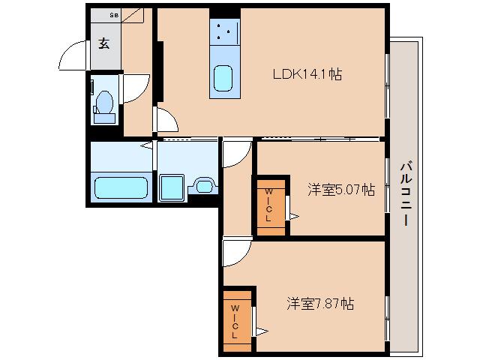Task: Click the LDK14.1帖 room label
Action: pos(307,75)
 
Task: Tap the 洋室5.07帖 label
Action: pos(340,190)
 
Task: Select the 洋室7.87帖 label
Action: pos(319,304)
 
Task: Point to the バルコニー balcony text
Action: pos(404,193)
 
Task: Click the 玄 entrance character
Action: pos(103,43)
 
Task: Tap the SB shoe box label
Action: pos(113,15)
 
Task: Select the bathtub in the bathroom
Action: pos(120,185)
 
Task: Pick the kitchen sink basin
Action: pos(224,77)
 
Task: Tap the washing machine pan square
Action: pos(172,186)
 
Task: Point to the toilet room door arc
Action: pos(135,89)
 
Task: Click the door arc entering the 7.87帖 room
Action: pos(237,252)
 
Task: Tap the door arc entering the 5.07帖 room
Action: pos(236,154)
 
